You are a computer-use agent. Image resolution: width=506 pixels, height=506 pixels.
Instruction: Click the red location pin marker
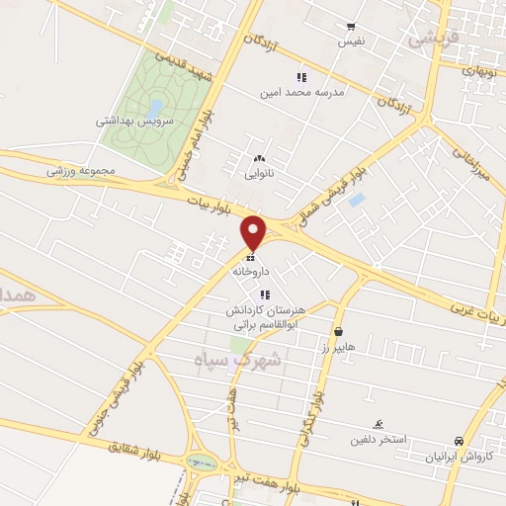[x=255, y=231]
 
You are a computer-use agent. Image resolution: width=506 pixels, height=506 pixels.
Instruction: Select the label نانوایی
[x=260, y=174]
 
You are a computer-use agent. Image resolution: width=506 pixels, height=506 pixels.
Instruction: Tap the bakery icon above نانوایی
[x=260, y=159]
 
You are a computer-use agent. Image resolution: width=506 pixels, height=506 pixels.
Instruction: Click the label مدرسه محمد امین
[x=301, y=92]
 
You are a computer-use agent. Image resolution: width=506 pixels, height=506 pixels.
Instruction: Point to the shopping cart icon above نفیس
[x=351, y=27]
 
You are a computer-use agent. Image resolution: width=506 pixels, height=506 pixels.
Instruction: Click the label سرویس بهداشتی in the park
[x=134, y=121]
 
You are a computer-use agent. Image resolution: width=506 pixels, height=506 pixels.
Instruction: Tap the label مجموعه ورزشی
[x=81, y=171]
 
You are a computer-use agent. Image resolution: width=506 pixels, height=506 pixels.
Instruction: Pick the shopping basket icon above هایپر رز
[x=340, y=332]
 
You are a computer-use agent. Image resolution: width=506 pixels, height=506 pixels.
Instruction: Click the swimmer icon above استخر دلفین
[x=377, y=421]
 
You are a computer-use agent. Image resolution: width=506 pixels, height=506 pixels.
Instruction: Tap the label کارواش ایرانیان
[x=459, y=458]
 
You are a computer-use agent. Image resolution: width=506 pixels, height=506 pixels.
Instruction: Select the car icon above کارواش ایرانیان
[x=459, y=441]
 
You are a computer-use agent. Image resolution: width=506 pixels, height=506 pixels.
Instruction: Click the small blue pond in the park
[x=155, y=105]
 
